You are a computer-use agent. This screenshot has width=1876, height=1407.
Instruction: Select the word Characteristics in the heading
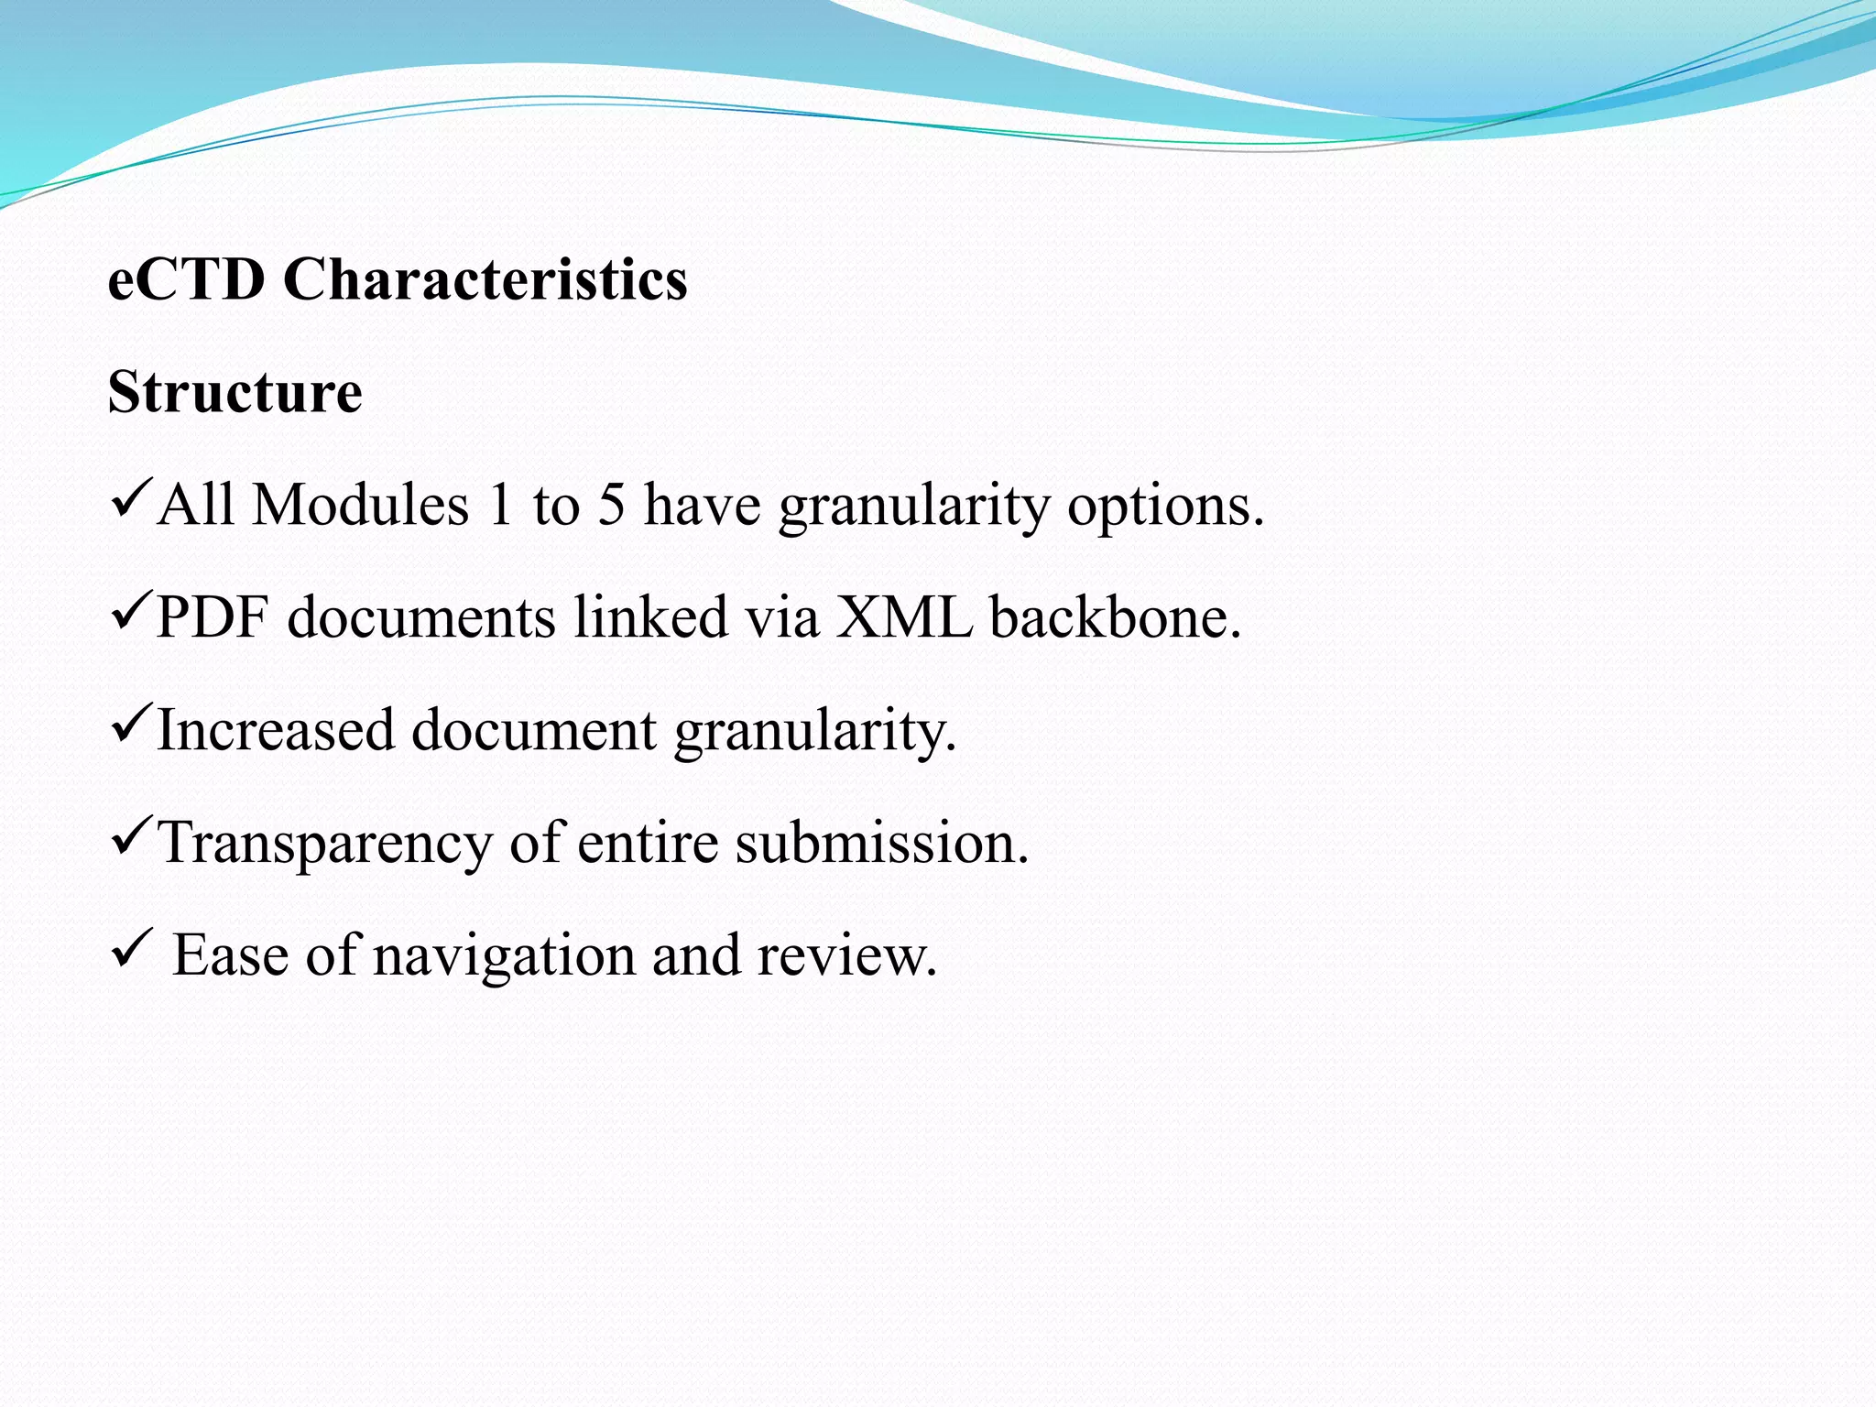[x=485, y=279]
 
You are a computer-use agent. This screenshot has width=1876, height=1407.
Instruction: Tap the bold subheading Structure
[x=235, y=392]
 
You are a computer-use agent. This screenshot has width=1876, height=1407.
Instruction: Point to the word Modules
[x=360, y=505]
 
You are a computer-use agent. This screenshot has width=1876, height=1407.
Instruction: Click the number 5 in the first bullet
[x=611, y=505]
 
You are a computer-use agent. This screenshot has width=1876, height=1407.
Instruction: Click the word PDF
[x=212, y=617]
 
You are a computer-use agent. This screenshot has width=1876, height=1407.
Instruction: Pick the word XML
[x=903, y=617]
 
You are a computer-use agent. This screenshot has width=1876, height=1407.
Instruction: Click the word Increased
[x=276, y=731]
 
